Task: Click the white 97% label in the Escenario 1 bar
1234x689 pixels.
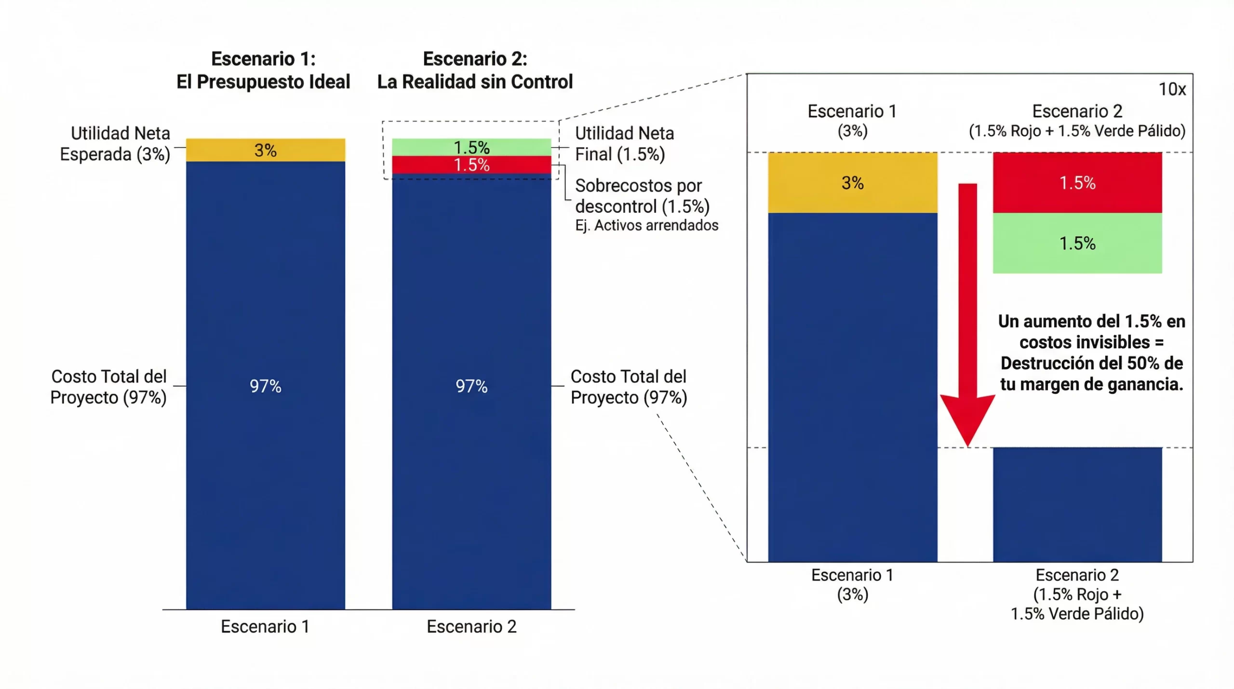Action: [266, 386]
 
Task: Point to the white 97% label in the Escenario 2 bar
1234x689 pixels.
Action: [471, 386]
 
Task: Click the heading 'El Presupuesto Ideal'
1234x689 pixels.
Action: [263, 81]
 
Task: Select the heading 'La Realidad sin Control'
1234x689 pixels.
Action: [475, 81]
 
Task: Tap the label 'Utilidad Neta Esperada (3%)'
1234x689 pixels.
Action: [116, 144]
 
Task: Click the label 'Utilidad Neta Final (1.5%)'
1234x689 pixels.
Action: [624, 144]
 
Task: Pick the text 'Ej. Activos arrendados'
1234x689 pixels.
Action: [646, 225]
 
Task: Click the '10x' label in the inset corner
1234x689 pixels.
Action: [1172, 89]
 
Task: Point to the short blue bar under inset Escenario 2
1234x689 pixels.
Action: [1077, 504]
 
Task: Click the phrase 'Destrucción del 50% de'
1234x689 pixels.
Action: [1091, 363]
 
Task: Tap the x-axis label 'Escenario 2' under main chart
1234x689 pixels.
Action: [471, 626]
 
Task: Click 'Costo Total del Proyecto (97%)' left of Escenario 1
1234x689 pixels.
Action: [108, 387]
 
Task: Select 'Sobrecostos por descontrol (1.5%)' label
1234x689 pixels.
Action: [642, 196]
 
